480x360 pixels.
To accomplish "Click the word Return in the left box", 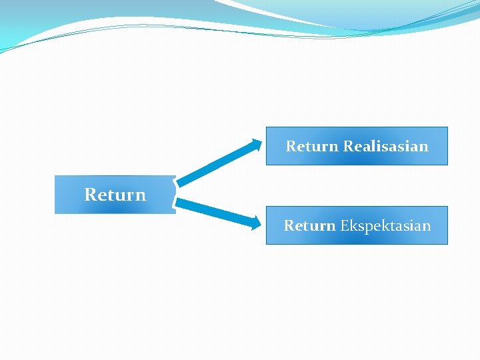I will [115, 195].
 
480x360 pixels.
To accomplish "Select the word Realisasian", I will [385, 146].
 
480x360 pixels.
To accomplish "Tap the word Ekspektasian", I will [385, 225].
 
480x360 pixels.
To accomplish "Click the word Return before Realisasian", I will [312, 146].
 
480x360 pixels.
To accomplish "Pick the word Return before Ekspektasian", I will [309, 225].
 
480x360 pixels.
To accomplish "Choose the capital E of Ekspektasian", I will [344, 225].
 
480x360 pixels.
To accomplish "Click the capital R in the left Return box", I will [90, 195].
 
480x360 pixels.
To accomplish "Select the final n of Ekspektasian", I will [427, 225].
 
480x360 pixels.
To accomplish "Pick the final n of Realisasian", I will [424, 146].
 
